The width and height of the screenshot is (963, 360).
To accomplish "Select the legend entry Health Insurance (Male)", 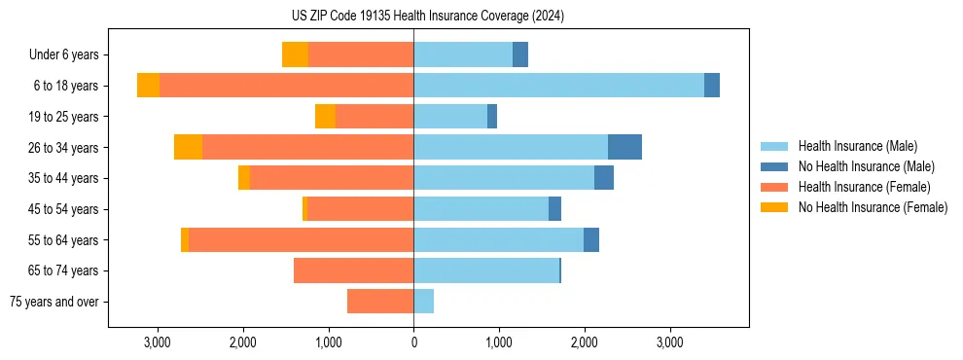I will point(857,146).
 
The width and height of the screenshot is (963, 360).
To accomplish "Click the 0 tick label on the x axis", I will point(413,342).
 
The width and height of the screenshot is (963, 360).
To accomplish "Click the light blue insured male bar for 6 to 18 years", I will point(558,86).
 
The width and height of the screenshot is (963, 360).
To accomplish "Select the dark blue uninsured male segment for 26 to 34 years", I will point(624,147).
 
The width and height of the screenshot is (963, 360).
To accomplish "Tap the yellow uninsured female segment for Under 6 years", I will point(295,54).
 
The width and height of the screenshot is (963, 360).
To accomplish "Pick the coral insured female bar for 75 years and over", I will point(380,302).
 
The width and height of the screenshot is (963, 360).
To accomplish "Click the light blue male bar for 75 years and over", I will point(423,302).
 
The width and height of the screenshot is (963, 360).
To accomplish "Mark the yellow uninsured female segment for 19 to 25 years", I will point(325,117).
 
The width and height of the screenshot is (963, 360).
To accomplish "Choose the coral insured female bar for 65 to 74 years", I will point(353,270).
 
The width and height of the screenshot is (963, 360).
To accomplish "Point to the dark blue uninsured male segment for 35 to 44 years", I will point(604,178).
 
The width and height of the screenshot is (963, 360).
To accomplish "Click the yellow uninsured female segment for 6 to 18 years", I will point(148,86).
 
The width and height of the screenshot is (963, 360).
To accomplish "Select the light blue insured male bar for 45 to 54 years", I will point(481,209).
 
